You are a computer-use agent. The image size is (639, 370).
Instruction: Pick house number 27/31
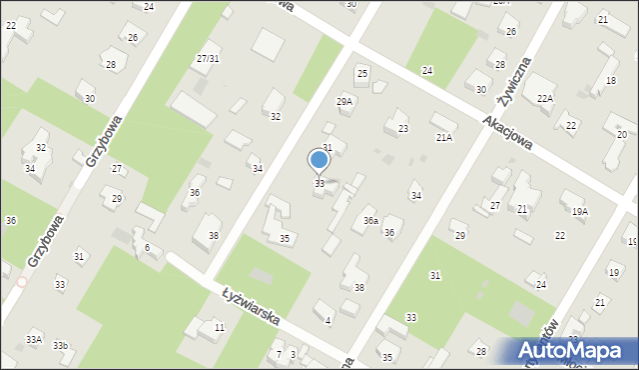click(208, 59)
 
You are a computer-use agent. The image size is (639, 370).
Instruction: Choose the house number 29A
click(344, 101)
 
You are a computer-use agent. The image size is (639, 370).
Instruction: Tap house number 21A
click(443, 138)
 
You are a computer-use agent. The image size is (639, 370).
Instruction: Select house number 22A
click(544, 98)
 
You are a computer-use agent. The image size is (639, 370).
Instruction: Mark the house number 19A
click(579, 212)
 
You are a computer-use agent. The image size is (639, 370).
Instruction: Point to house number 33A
click(35, 340)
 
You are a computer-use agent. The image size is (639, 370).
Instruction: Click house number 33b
click(61, 346)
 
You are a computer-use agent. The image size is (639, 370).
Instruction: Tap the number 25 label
click(362, 74)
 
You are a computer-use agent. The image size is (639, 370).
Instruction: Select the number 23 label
click(403, 129)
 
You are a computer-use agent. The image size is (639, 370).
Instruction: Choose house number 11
click(219, 327)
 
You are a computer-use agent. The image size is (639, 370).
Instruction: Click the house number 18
click(611, 81)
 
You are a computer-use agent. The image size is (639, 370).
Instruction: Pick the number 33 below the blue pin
click(319, 184)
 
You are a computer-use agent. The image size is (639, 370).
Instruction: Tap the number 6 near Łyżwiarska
click(147, 247)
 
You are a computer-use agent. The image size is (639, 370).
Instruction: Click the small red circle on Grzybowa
click(22, 282)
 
